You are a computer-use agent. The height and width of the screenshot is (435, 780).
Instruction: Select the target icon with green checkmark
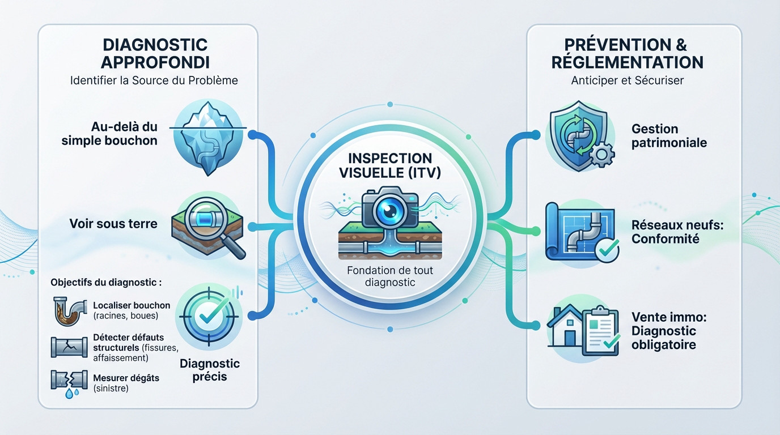208,312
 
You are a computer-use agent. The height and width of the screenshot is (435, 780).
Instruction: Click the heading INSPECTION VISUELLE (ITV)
390,166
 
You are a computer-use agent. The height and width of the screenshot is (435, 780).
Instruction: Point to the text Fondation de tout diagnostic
390,276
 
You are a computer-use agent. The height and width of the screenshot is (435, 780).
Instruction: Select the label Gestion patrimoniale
669,136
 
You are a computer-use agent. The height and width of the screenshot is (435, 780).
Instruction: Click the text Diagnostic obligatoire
664,338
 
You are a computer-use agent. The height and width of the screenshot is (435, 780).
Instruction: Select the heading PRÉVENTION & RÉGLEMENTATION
628,53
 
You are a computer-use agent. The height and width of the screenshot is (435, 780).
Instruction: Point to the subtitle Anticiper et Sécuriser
628,80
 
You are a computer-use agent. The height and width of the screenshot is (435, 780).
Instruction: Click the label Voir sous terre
113,224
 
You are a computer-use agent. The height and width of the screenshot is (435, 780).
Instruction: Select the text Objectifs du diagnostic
105,282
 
